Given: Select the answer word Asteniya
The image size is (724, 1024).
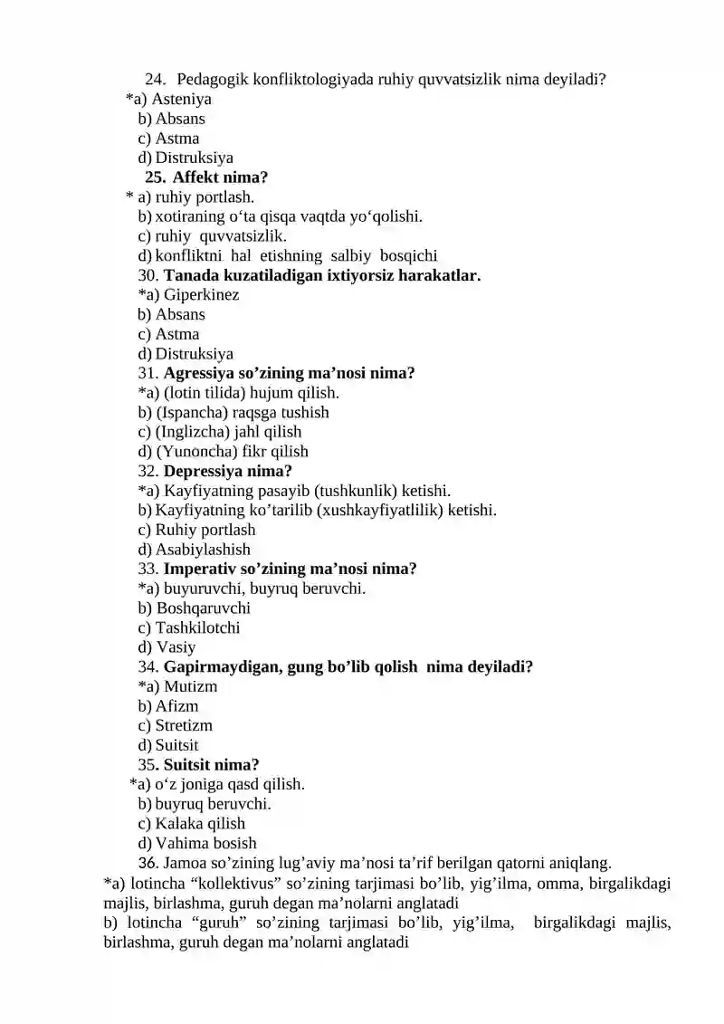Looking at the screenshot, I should pyautogui.click(x=181, y=99).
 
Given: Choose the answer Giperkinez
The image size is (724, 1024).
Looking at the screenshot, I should pyautogui.click(x=202, y=295).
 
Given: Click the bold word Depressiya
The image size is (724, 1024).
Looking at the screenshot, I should pyautogui.click(x=207, y=472).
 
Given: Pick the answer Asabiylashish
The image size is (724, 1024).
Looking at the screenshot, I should pyautogui.click(x=203, y=550).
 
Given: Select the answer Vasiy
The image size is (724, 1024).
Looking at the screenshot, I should pyautogui.click(x=176, y=648).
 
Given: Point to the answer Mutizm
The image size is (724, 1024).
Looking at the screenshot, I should pyautogui.click(x=191, y=687).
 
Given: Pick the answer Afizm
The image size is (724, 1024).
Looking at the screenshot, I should pyautogui.click(x=177, y=706).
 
